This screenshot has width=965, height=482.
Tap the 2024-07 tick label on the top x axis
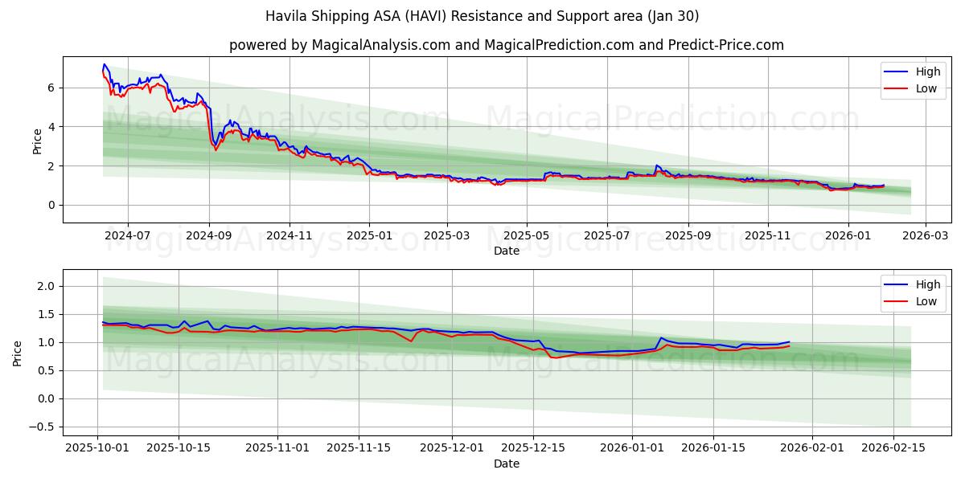[x=129, y=236]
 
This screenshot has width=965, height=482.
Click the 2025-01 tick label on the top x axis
[x=369, y=236]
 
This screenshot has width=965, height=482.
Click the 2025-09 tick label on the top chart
[x=688, y=236]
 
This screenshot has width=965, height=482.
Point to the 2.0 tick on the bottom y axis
[x=45, y=287]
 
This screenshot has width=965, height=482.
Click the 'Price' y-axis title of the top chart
[x=37, y=141]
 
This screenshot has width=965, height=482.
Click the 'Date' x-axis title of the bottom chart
[x=507, y=464]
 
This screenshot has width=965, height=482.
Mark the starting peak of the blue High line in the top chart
[x=105, y=64]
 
